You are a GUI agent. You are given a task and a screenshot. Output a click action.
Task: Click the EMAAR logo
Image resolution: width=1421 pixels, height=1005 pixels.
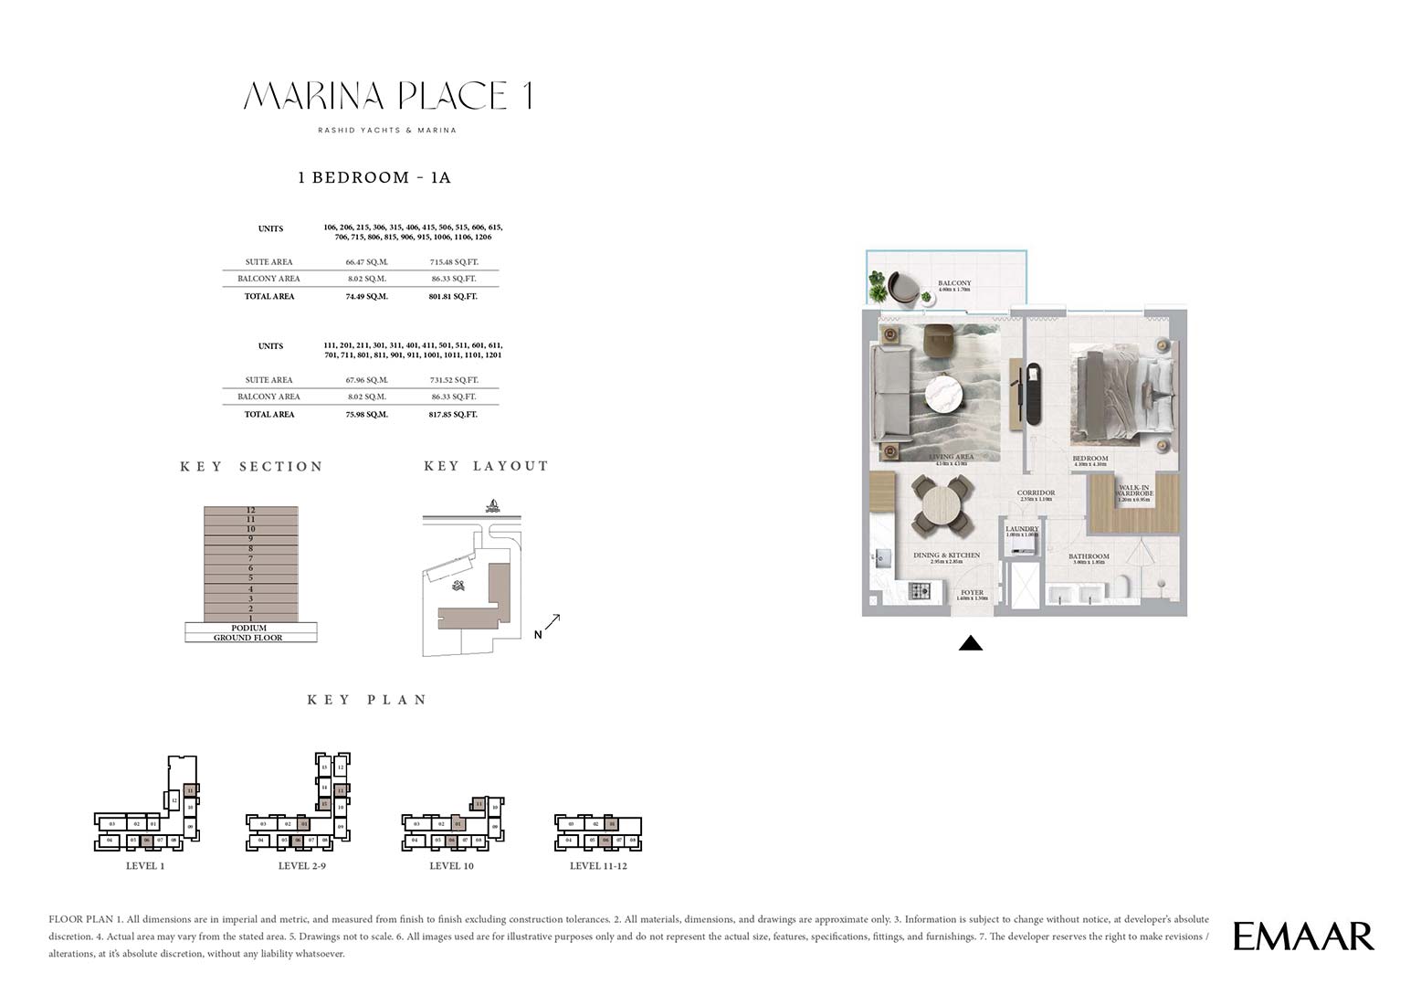pyautogui.click(x=1303, y=936)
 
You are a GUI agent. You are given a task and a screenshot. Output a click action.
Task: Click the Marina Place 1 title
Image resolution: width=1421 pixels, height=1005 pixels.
pyautogui.click(x=388, y=96)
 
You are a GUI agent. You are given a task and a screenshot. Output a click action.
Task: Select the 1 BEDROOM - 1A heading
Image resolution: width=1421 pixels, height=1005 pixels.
pyautogui.click(x=374, y=177)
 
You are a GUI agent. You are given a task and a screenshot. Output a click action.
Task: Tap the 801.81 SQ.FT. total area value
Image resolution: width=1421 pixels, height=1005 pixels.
pyautogui.click(x=453, y=296)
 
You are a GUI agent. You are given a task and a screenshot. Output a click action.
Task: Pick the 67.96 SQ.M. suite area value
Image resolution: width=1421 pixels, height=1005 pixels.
pyautogui.click(x=367, y=380)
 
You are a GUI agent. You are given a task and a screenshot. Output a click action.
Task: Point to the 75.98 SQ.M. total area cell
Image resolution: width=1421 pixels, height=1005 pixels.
pyautogui.click(x=367, y=414)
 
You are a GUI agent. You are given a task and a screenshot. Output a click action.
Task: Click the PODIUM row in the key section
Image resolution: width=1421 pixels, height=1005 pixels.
pyautogui.click(x=249, y=628)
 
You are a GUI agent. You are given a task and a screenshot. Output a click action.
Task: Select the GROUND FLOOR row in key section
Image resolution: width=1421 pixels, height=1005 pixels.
pyautogui.click(x=248, y=638)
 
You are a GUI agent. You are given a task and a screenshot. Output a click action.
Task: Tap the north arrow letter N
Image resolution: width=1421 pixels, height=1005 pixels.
pyautogui.click(x=538, y=635)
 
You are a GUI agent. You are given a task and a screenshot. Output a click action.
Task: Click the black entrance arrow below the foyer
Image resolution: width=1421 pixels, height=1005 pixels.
pyautogui.click(x=971, y=643)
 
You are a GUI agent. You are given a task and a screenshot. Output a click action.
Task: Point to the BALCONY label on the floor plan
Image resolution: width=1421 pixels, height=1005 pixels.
pyautogui.click(x=954, y=283)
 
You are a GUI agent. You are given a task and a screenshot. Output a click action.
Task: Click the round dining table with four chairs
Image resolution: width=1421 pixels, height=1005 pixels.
pyautogui.click(x=942, y=505)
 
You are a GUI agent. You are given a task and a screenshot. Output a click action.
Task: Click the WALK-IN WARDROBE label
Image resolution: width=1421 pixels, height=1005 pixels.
pyautogui.click(x=1135, y=491)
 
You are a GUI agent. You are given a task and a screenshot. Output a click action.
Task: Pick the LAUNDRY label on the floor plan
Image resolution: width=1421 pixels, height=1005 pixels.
pyautogui.click(x=1022, y=529)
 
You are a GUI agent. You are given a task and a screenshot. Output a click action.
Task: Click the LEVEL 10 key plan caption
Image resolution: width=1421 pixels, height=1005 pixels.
pyautogui.click(x=451, y=866)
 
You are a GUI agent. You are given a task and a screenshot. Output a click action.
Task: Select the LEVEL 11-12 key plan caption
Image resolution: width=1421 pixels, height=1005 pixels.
pyautogui.click(x=598, y=866)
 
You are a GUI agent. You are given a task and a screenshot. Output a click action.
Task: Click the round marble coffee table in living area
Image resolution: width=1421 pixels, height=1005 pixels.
pyautogui.click(x=945, y=396)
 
